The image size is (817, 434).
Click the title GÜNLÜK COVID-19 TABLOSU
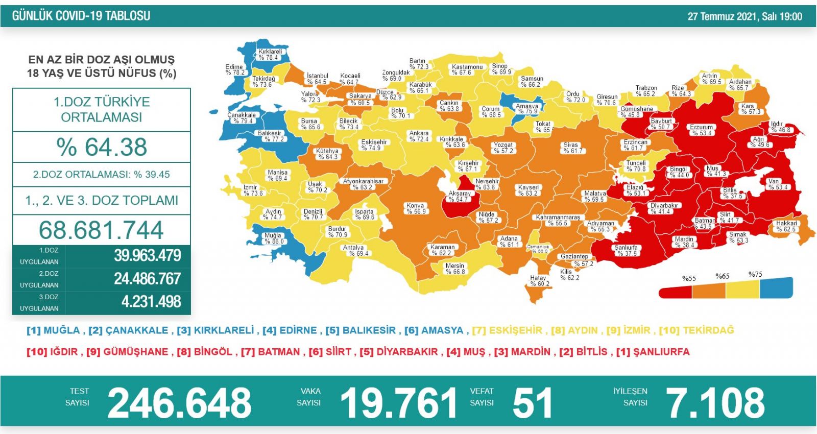81,16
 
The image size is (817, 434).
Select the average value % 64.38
102,147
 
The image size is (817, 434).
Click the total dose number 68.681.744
101,230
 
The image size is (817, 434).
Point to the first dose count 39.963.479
147,255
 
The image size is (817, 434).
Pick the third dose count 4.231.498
151,302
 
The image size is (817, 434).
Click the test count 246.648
179,403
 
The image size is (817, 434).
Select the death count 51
533,403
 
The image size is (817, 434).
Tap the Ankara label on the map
419,136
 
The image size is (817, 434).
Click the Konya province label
416,208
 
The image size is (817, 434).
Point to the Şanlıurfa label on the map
626,250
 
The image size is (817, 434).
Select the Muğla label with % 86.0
273,238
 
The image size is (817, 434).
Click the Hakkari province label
786,226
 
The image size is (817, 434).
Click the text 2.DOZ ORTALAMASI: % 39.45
101,175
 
